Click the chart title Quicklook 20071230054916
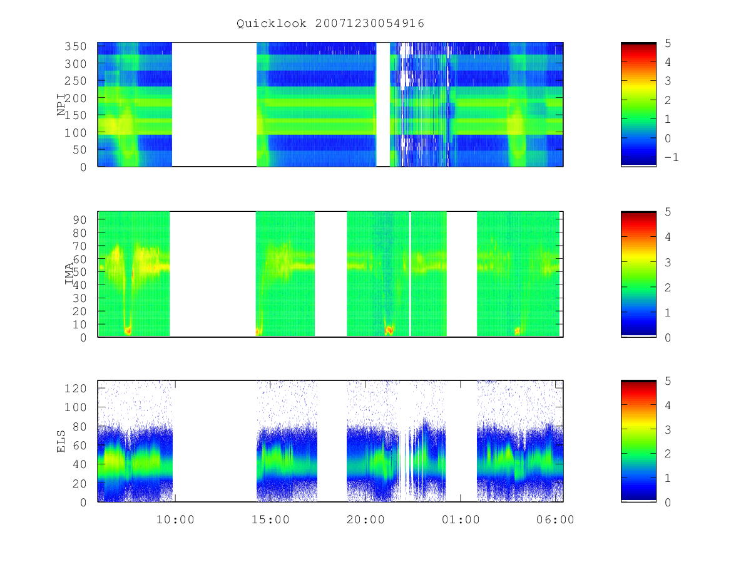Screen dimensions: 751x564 click(x=330, y=24)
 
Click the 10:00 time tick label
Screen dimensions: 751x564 click(x=175, y=520)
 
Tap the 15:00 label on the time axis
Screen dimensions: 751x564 click(x=270, y=520)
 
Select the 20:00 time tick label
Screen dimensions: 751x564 click(x=365, y=520)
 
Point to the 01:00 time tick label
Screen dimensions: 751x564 click(x=461, y=520)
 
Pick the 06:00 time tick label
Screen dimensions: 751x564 click(x=555, y=520)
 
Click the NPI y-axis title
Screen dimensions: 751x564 click(x=61, y=105)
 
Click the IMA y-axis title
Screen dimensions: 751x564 click(x=69, y=274)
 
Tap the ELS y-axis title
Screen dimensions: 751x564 click(x=61, y=441)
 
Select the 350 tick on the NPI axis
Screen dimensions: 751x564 click(x=75, y=46)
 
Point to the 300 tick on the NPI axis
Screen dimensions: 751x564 click(x=75, y=64)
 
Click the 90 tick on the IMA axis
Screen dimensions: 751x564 click(x=79, y=220)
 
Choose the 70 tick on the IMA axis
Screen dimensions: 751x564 click(x=79, y=246)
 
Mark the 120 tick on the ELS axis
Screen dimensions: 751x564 click(x=75, y=389)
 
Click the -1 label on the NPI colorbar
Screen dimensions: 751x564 click(x=672, y=157)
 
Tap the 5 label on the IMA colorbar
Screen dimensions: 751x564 click(x=668, y=212)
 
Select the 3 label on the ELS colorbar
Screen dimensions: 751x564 click(x=668, y=430)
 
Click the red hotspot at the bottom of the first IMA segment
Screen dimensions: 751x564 click(x=128, y=330)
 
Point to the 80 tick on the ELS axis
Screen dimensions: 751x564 click(x=79, y=427)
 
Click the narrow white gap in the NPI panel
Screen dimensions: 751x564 click(x=383, y=105)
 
